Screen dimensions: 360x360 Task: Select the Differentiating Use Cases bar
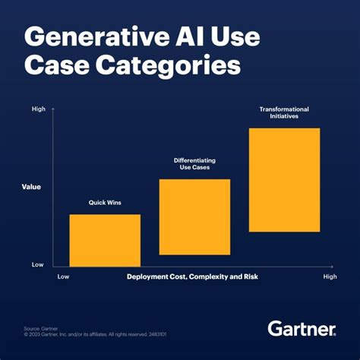[194, 216]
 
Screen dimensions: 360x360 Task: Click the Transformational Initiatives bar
[284, 179]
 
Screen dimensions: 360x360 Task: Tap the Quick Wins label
[105, 203]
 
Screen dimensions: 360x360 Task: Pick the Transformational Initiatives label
[284, 113]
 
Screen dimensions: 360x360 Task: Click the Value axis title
[31, 186]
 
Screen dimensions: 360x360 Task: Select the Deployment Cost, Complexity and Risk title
[192, 277]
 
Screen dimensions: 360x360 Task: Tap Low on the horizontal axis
[64, 277]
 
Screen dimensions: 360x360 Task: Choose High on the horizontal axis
[330, 277]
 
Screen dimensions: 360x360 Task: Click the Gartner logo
[302, 329]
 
